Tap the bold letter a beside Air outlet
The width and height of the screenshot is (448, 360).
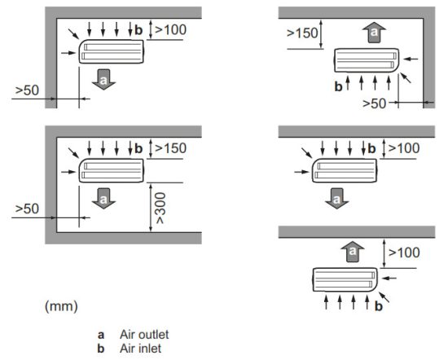point(101,334)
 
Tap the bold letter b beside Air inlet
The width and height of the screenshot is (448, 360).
point(101,347)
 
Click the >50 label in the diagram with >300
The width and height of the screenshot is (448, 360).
point(28,209)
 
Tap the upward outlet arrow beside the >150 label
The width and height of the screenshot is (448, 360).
point(374,33)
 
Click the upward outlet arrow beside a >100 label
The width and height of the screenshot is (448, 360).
point(353,252)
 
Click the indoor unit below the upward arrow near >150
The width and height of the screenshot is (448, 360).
point(367,62)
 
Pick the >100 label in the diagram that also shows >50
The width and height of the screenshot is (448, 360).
point(169,30)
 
